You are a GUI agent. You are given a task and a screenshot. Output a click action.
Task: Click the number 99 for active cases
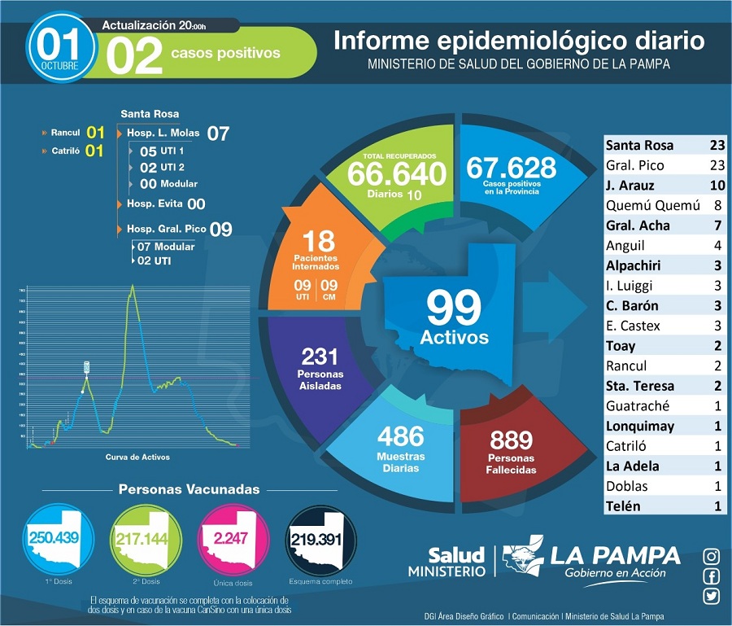(x=454, y=309)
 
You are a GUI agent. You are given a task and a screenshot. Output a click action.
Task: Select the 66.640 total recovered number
(x=396, y=173)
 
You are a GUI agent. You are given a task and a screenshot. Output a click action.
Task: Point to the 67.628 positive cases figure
(x=511, y=168)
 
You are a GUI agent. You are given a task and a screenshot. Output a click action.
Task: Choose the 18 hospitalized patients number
(x=320, y=240)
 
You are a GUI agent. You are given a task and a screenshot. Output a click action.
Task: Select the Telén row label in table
(x=623, y=506)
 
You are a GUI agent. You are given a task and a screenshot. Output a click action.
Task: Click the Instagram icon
(x=712, y=557)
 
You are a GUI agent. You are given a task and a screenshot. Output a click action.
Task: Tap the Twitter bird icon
(x=712, y=596)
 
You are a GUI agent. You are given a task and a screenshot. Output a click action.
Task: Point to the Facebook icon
(x=712, y=576)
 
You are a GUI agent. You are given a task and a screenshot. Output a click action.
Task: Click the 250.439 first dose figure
(x=54, y=538)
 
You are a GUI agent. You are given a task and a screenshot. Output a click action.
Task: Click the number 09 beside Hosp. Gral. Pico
(x=221, y=229)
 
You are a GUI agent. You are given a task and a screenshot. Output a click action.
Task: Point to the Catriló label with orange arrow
(x=65, y=151)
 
